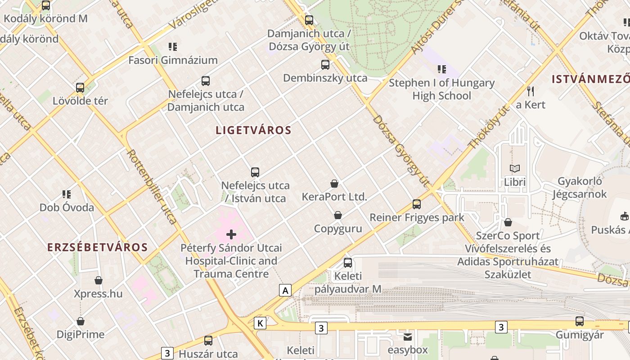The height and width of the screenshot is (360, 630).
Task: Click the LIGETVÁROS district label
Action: pos(253,130)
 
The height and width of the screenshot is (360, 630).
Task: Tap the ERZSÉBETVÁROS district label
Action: pos(98,247)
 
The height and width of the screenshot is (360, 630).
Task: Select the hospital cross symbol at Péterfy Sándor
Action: pos(231,234)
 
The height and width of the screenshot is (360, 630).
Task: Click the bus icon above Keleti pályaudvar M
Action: pos(348,263)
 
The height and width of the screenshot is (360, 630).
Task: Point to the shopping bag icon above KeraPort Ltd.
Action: pos(334,183)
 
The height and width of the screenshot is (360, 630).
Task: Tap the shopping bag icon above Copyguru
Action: pos(338,215)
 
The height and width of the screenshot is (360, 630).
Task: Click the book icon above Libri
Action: pos(515,168)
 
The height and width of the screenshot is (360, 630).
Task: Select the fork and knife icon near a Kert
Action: pos(531,91)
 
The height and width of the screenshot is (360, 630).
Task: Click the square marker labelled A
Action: pos(285,290)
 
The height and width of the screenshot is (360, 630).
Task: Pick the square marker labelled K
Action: pos(260,323)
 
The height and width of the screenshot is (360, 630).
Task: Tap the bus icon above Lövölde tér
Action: pos(80,88)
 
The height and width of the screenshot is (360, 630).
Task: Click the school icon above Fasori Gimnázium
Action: pos(173,47)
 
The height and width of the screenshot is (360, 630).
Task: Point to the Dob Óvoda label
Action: pos(67,207)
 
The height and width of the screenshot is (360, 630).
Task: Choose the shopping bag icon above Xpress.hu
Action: pos(99,280)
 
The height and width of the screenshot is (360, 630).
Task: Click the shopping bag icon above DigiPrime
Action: pos(81,321)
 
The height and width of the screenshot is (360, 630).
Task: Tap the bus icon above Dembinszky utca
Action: pos(325,65)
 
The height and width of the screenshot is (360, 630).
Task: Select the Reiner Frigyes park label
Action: pos(417,218)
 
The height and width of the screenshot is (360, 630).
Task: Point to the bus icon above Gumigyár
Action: pos(580,321)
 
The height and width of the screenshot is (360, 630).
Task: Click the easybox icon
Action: pos(408,337)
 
